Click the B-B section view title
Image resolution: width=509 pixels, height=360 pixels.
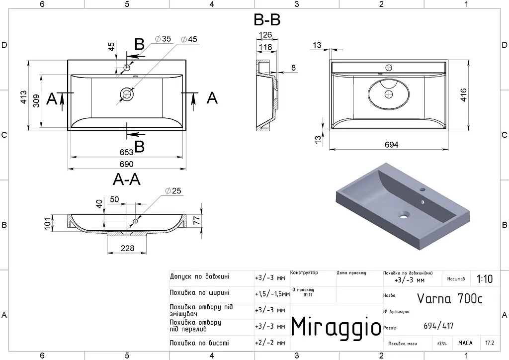(267, 20)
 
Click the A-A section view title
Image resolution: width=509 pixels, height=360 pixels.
(127, 179)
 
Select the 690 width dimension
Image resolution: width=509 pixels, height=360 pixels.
(126, 164)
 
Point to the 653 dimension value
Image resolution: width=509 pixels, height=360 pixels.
(126, 152)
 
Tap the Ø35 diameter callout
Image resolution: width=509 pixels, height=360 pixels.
(163, 39)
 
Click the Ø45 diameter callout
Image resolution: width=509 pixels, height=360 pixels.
(189, 39)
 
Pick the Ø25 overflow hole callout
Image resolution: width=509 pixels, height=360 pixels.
(173, 191)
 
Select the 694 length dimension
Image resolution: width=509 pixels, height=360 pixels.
(392, 145)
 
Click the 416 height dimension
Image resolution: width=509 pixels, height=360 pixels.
(464, 95)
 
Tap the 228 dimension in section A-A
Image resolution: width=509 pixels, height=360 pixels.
(127, 248)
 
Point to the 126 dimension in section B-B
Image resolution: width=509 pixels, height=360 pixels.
(265, 35)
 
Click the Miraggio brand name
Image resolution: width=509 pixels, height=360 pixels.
(336, 326)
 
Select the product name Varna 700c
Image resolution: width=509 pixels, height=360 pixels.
(449, 298)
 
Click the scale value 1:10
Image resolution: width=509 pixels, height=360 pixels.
(484, 279)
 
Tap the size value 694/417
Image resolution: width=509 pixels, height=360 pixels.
(438, 326)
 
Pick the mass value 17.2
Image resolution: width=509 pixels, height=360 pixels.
(490, 343)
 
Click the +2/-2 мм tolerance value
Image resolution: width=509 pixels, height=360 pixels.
(270, 343)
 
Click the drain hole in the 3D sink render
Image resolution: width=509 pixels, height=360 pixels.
(404, 215)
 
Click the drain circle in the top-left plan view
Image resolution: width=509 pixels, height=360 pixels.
(127, 94)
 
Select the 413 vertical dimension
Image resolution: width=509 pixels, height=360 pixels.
(24, 97)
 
